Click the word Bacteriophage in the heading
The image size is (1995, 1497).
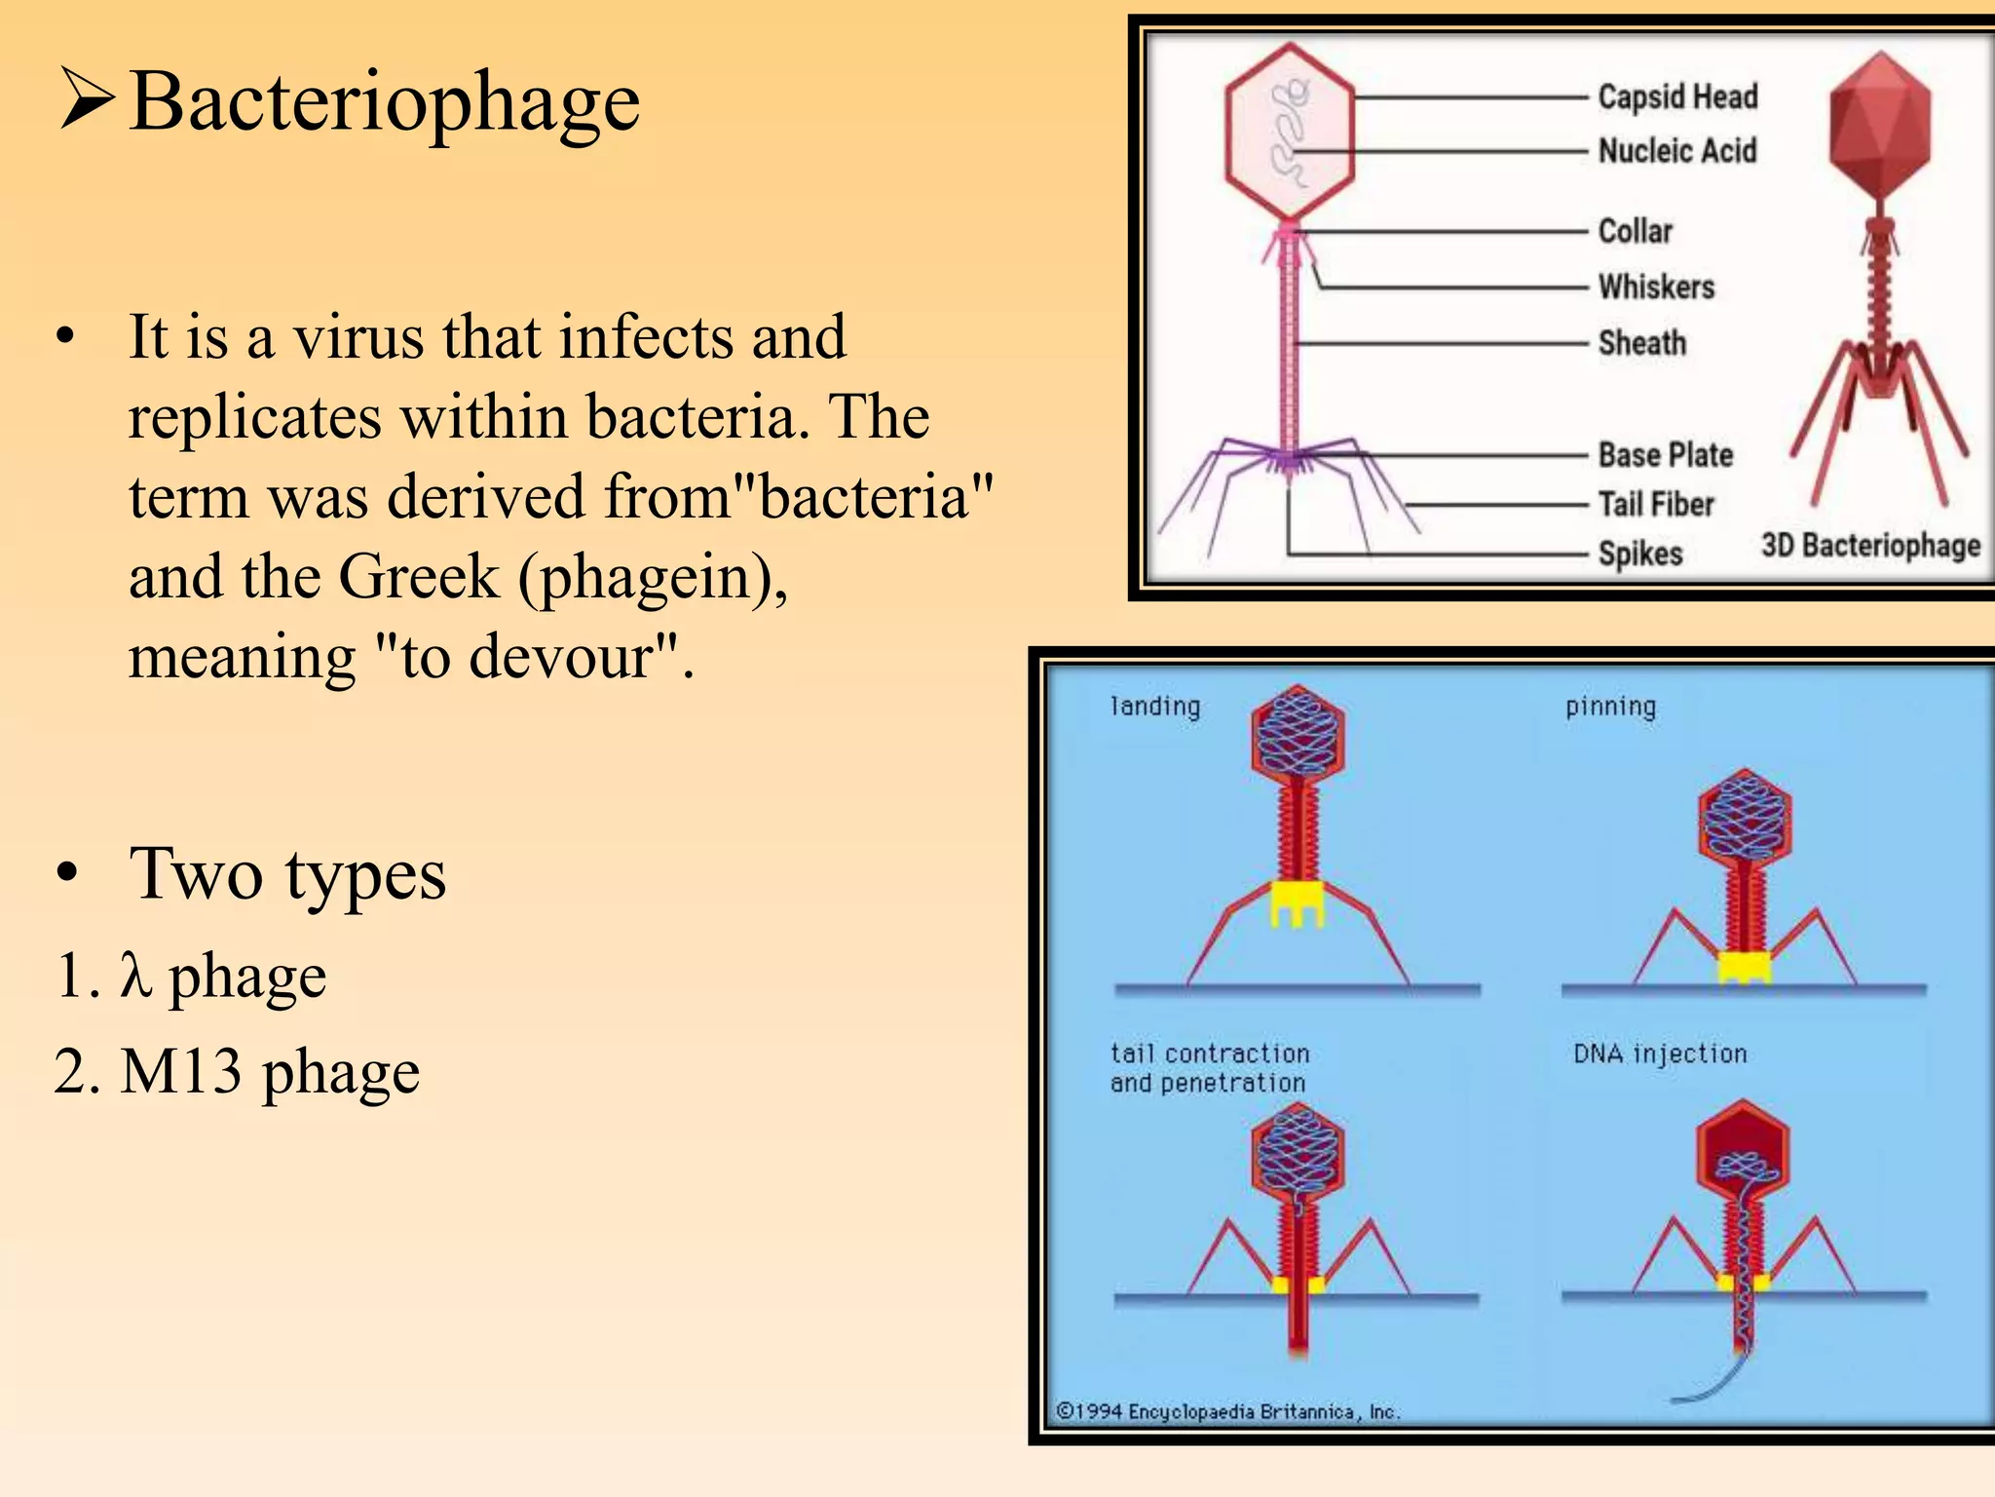pos(385,102)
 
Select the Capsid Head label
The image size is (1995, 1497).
pos(1677,96)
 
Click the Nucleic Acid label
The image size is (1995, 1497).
pos(1677,151)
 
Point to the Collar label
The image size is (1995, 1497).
pos(1635,231)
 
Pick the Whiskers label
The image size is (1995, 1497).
pos(1656,287)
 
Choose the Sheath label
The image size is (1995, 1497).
pos(1641,343)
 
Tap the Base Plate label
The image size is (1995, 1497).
pos(1665,454)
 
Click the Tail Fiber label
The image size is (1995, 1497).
pos(1655,504)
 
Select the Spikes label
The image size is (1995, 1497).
pos(1639,554)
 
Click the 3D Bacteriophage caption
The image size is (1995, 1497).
pos(1870,545)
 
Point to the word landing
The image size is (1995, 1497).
pos(1155,706)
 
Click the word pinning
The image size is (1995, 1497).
pos(1610,706)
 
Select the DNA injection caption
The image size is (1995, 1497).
pos(1660,1054)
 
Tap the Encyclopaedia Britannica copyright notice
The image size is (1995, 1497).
pos(1228,1411)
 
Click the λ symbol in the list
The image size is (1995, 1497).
pos(135,976)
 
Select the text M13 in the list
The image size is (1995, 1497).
pos(181,1071)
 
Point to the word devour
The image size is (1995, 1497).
pos(575,657)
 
